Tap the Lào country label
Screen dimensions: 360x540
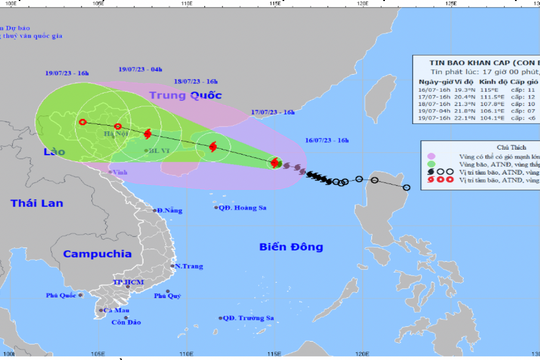pyautogui.click(x=55, y=145)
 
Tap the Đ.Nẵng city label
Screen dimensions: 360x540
pyautogui.click(x=173, y=210)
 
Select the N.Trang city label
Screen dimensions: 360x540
pyautogui.click(x=188, y=266)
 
